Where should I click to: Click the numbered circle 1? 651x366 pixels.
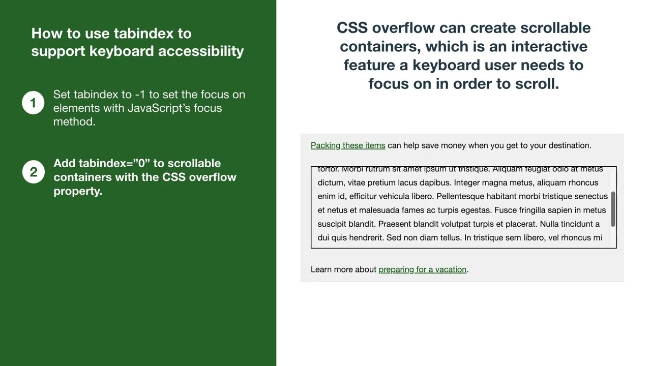click(x=33, y=103)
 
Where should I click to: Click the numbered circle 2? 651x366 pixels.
click(x=33, y=172)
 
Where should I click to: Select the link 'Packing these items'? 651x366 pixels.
click(x=348, y=145)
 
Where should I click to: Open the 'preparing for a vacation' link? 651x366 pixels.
click(x=422, y=269)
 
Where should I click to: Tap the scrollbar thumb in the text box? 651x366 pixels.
click(x=613, y=209)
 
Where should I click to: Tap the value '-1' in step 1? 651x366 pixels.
click(x=140, y=95)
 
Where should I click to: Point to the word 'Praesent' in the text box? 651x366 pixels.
click(x=395, y=224)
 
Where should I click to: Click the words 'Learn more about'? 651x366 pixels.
click(x=343, y=269)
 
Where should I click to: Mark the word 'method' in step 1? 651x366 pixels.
click(x=73, y=121)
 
